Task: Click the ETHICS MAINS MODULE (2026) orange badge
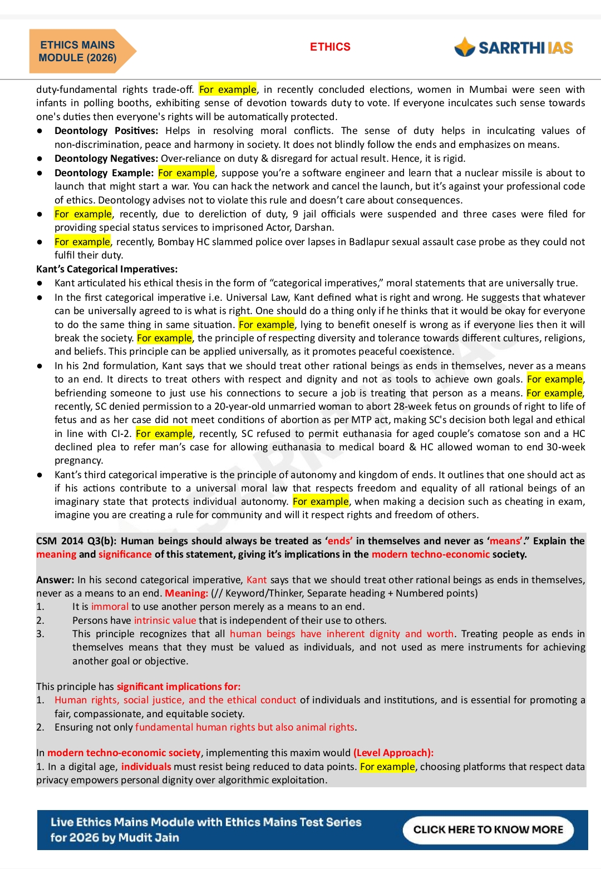[78, 51]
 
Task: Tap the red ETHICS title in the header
[330, 47]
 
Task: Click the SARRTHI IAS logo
[514, 48]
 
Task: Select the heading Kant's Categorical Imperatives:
[107, 269]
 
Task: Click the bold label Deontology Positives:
[106, 131]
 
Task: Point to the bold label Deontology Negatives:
[106, 158]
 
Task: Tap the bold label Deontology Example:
[104, 173]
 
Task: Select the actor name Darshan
[314, 227]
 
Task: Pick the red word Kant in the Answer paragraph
[257, 580]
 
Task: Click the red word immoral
[110, 607]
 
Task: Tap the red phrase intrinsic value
[165, 620]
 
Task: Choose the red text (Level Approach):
[393, 753]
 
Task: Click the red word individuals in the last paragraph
[146, 767]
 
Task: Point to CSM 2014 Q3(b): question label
[76, 541]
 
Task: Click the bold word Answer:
[55, 580]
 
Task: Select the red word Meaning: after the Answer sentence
[186, 593]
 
